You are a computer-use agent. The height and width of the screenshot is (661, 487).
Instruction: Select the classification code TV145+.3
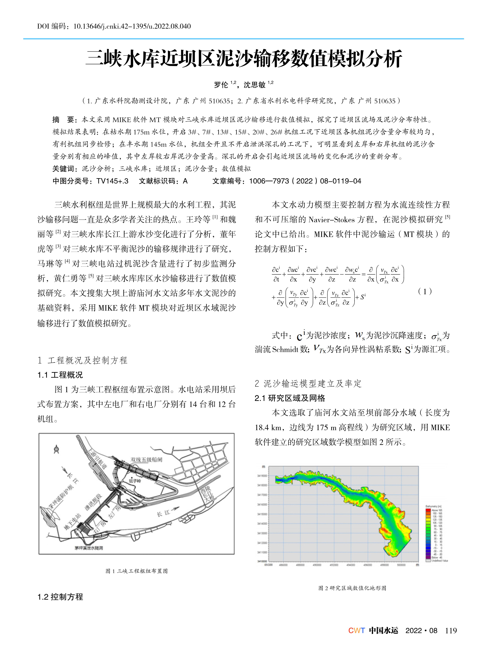tap(112, 181)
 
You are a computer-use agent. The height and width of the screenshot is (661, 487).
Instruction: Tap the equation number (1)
tap(425, 292)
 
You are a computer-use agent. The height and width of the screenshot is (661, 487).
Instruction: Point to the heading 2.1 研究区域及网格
tap(290, 398)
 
